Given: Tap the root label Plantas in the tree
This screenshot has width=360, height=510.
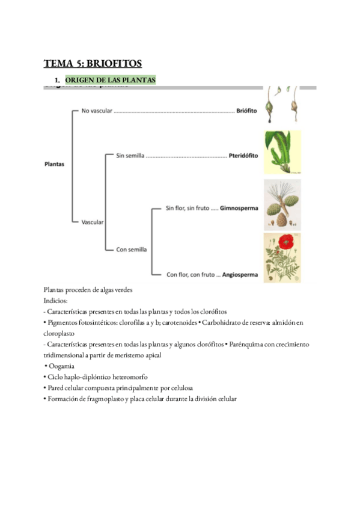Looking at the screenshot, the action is click(x=55, y=164).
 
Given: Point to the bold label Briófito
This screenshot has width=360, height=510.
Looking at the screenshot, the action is click(x=246, y=111).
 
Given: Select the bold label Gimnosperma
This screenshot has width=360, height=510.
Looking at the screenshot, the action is click(x=239, y=208).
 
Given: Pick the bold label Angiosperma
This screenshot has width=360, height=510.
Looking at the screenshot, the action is click(x=240, y=275).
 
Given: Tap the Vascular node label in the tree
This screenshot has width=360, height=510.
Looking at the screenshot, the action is click(x=93, y=222).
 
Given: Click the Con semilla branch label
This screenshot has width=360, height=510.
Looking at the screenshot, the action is click(x=132, y=249).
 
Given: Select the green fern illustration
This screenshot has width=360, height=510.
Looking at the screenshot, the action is click(x=282, y=152).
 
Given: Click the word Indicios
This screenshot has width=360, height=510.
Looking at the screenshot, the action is click(x=55, y=300).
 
